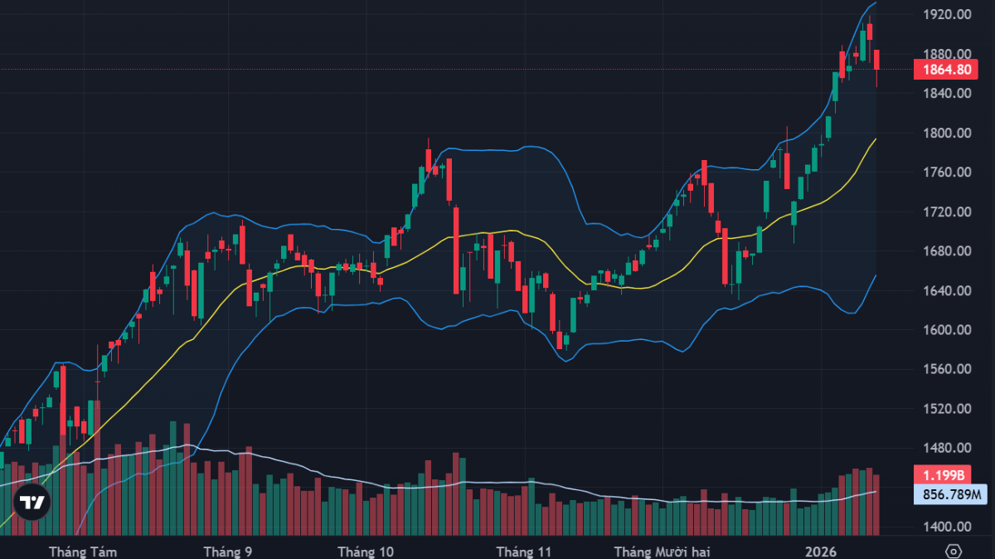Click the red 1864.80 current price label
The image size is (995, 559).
(x=941, y=70)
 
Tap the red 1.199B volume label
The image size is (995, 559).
(x=941, y=475)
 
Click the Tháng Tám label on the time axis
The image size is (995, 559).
(x=83, y=552)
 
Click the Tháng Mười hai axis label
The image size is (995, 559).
(x=662, y=552)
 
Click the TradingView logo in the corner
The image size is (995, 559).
(x=32, y=502)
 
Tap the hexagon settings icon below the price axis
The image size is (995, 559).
(x=954, y=552)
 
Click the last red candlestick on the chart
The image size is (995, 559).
(x=877, y=60)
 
